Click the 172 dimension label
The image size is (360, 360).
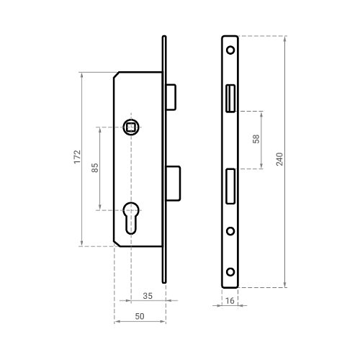(x=77, y=157)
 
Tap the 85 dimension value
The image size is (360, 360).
(x=95, y=168)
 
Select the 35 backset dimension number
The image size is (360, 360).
(x=148, y=296)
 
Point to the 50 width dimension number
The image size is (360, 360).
(x=140, y=316)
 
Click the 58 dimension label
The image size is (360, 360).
(x=256, y=139)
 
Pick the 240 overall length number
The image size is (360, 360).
(x=279, y=159)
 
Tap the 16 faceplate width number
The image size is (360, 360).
(x=230, y=301)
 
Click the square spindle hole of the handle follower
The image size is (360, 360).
(x=131, y=127)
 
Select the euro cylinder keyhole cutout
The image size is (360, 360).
(x=131, y=218)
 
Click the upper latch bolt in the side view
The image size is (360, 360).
(x=171, y=97)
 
